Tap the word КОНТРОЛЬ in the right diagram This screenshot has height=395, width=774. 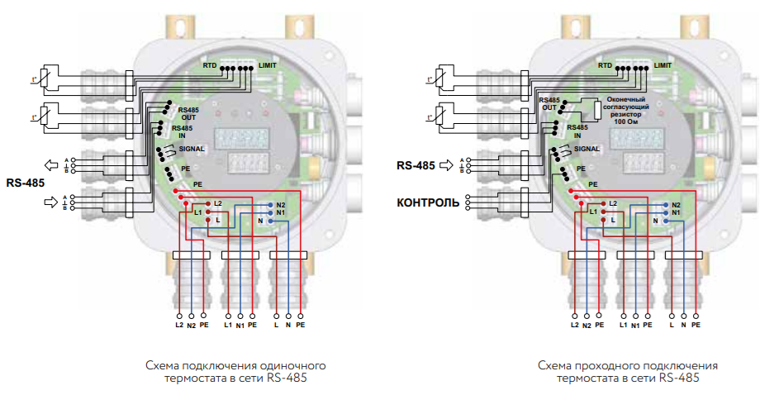428,201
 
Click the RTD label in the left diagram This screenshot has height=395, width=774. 210,64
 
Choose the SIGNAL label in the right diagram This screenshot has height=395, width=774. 586,149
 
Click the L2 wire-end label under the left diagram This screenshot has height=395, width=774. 178,326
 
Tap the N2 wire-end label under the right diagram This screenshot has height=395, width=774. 586,326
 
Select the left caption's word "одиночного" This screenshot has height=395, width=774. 289,364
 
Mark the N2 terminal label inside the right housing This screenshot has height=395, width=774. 676,204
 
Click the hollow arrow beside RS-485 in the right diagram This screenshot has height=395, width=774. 447,165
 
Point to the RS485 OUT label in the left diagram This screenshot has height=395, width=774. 188,113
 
